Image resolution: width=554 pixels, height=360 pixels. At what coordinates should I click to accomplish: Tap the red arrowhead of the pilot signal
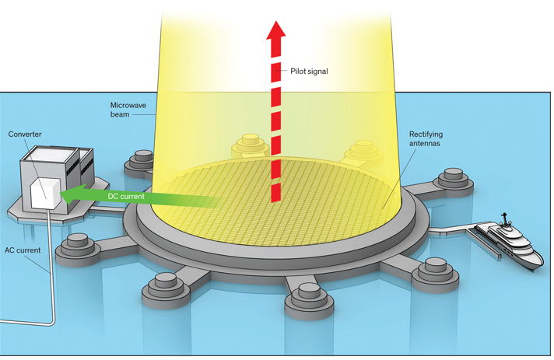click(x=273, y=30)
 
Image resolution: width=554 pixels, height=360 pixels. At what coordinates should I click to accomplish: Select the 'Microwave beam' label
click(x=125, y=108)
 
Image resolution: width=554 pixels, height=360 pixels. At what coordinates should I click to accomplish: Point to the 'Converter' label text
click(x=25, y=135)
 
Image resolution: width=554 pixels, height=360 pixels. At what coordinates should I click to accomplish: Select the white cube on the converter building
click(x=44, y=194)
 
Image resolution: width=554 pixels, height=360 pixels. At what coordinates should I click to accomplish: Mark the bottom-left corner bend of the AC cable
click(x=54, y=323)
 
